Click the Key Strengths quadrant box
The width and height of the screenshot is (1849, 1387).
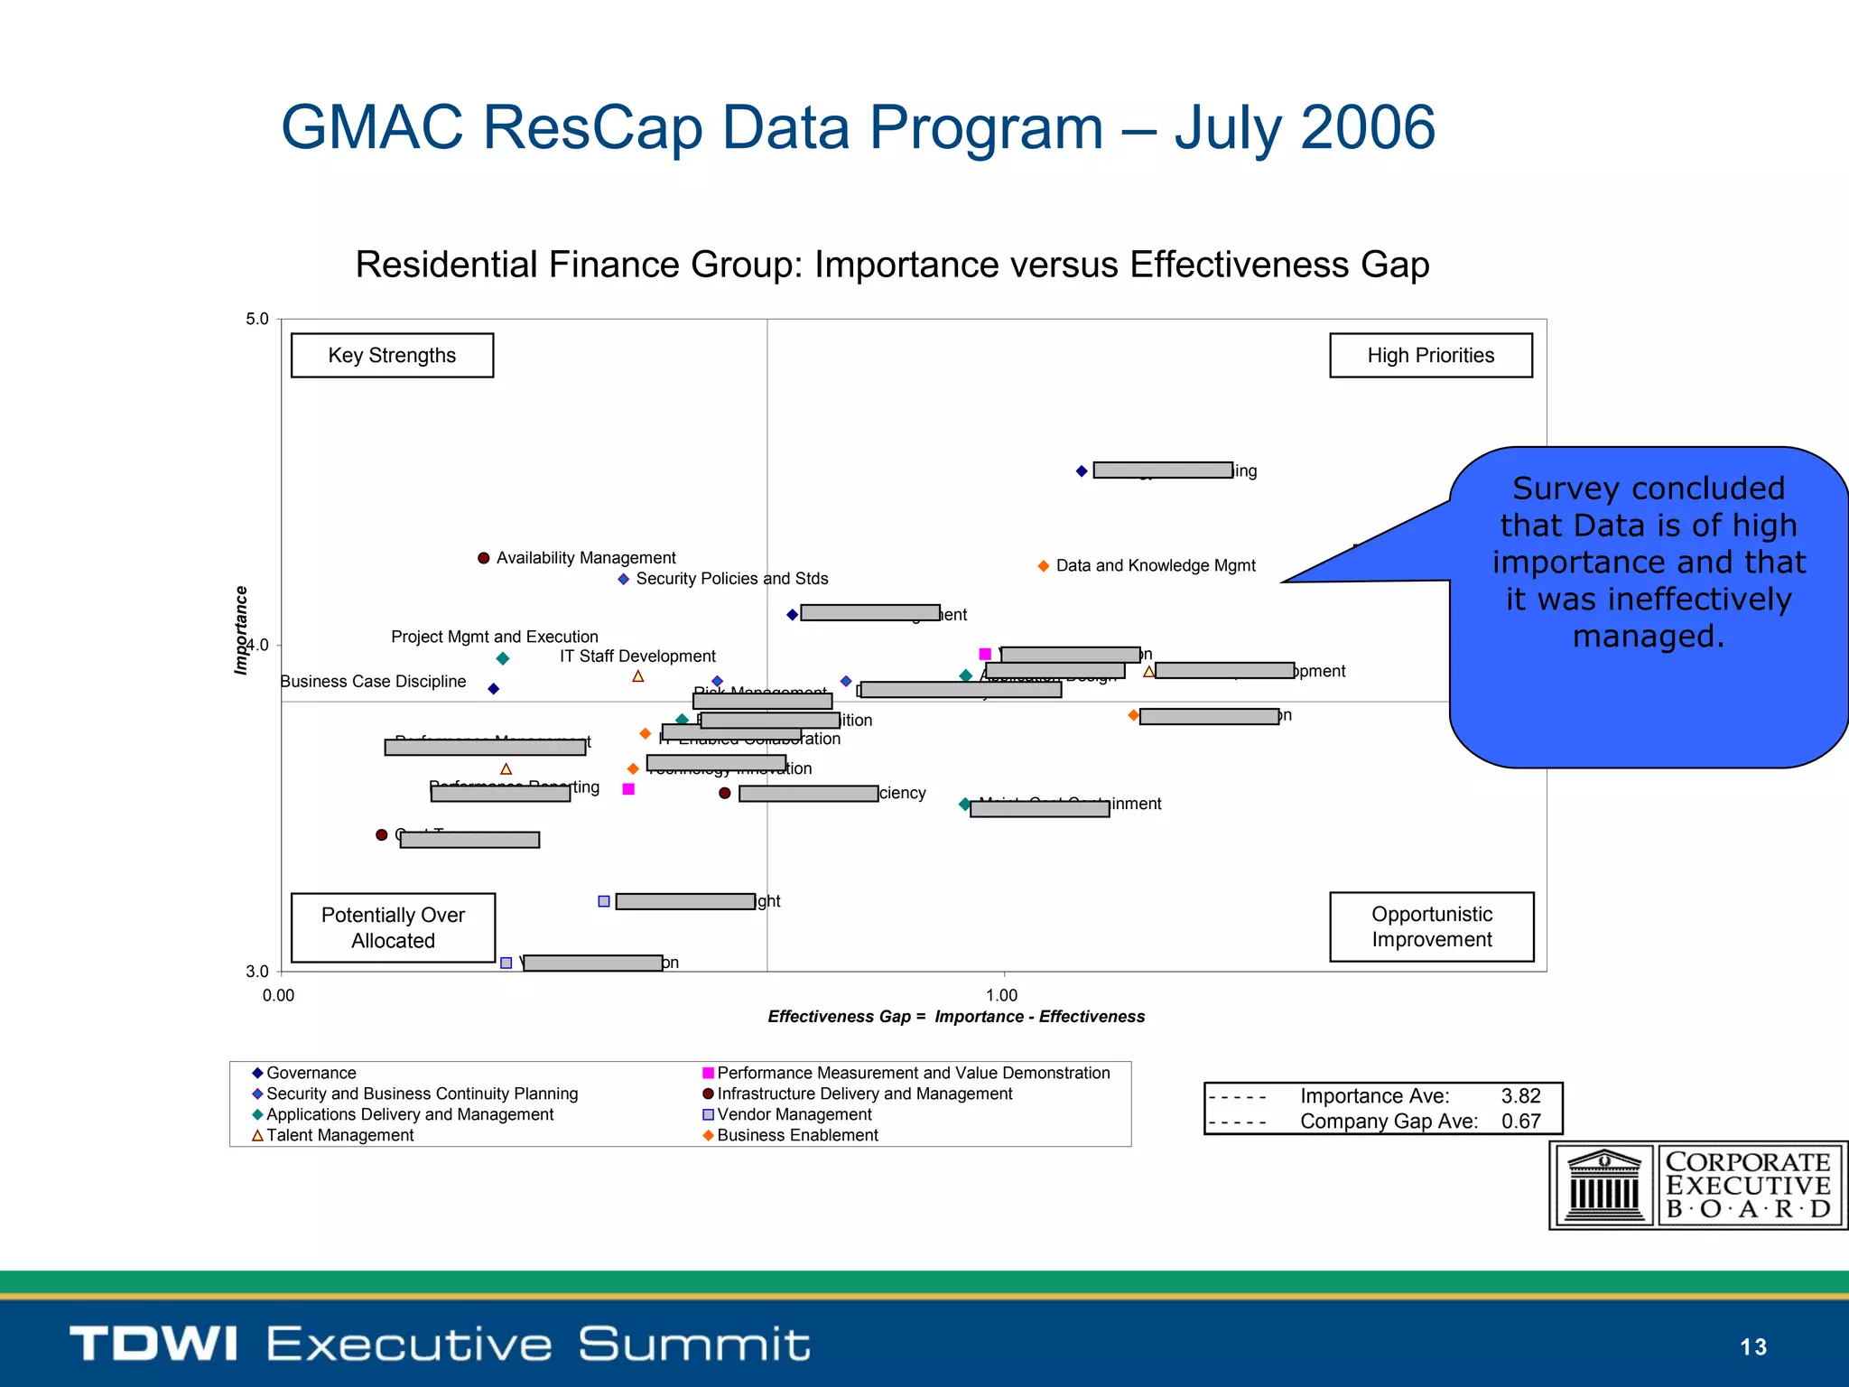coord(392,356)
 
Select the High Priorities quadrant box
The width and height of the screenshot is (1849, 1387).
coord(1430,356)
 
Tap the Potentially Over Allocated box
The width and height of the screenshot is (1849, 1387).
coord(393,927)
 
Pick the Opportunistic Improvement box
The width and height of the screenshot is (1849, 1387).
coord(1431,926)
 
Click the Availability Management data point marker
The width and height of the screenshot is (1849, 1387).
coord(484,558)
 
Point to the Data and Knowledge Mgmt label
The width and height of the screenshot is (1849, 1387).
coord(1155,566)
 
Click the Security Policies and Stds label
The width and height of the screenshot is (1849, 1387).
coord(731,579)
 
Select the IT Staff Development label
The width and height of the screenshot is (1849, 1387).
coord(637,656)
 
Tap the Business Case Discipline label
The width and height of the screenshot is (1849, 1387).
coord(373,682)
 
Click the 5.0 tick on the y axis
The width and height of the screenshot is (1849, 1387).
coord(257,320)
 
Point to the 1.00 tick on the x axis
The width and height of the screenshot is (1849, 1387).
coord(1002,995)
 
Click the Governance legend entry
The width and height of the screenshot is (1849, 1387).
coord(310,1073)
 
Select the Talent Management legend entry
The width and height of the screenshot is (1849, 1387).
coord(339,1135)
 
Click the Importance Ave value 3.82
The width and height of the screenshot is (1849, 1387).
coord(1520,1096)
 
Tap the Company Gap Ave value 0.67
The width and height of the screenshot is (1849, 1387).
coord(1520,1122)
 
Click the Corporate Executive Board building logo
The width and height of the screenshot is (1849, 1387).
coord(1603,1185)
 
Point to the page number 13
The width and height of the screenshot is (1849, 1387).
coord(1752,1347)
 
